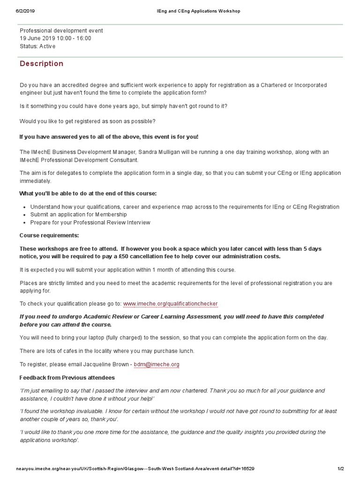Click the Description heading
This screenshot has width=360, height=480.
tap(41, 64)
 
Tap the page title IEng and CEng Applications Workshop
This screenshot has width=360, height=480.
tap(198, 11)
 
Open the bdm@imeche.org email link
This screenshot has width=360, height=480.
tap(157, 364)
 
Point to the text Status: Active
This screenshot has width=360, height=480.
tap(37, 46)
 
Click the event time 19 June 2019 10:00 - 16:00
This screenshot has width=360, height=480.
tap(55, 38)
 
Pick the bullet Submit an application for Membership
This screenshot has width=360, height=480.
tap(78, 214)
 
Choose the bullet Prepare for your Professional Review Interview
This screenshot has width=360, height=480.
tap(90, 222)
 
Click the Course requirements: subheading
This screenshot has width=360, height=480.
tap(49, 235)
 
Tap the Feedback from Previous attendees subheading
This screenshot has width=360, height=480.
tap(67, 377)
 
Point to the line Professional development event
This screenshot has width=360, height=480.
tap(61, 31)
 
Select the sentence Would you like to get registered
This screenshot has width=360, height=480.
tap(88, 121)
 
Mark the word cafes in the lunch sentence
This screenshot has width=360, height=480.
tap(67, 351)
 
